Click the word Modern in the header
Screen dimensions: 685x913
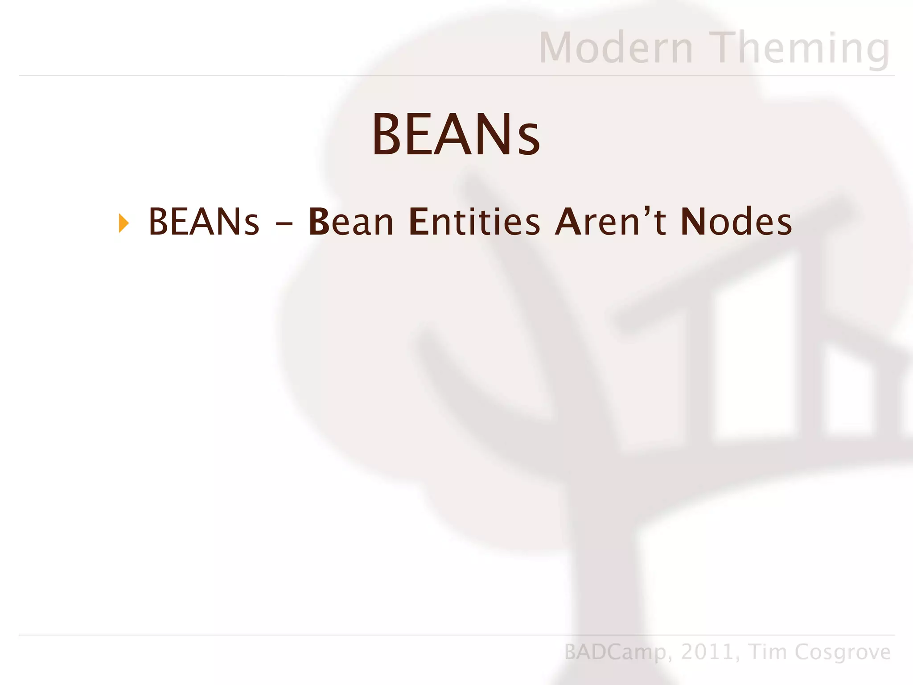point(616,48)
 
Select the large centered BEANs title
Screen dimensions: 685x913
point(456,134)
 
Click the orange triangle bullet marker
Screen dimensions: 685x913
point(124,223)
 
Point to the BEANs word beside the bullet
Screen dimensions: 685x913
point(204,222)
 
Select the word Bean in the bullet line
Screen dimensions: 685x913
point(351,222)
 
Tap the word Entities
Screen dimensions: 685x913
point(474,222)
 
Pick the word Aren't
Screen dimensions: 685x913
point(610,222)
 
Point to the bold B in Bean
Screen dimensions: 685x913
point(319,222)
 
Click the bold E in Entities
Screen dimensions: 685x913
point(419,222)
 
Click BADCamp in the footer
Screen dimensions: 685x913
point(615,652)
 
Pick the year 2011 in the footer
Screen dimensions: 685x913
point(707,652)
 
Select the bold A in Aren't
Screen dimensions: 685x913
point(568,222)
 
